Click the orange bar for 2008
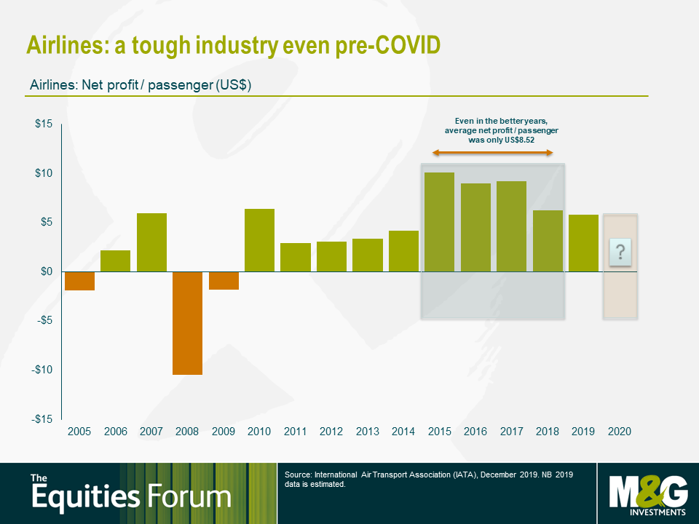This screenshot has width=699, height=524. tap(188, 323)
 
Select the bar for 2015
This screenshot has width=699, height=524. tap(439, 222)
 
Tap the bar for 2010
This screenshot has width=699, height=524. tap(259, 240)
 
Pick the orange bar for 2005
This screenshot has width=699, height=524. tap(79, 281)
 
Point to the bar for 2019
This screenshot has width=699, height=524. tap(583, 243)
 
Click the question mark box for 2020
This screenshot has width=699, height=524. tap(620, 253)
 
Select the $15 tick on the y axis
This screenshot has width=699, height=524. tap(44, 124)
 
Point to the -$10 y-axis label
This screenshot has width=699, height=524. tap(42, 370)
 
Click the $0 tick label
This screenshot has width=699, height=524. tap(46, 271)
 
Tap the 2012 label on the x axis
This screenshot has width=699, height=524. tap(331, 432)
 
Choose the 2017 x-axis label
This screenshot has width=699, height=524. tap(511, 432)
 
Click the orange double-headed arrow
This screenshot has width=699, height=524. tap(493, 152)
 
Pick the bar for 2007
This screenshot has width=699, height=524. tap(151, 242)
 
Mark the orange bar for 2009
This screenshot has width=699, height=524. tap(224, 280)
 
